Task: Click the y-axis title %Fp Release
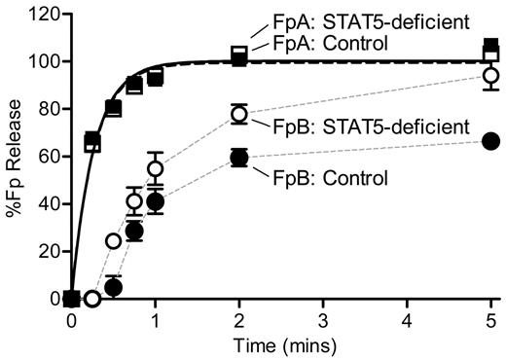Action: (13, 156)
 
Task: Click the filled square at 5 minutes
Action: (491, 46)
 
